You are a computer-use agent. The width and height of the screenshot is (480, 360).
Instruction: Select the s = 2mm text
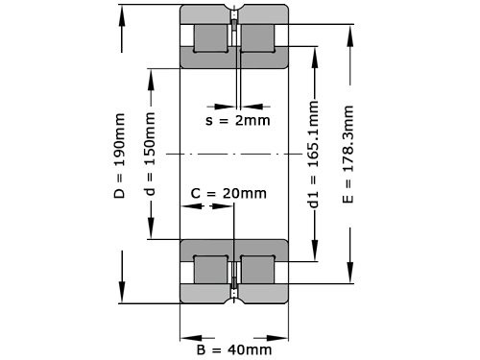(238, 120)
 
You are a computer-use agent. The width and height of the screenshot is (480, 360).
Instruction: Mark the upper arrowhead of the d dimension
(150, 73)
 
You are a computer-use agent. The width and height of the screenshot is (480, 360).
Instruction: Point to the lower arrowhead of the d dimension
(150, 233)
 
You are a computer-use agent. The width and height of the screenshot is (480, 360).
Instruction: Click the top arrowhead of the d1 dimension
(313, 49)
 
